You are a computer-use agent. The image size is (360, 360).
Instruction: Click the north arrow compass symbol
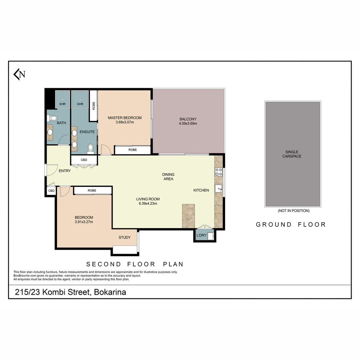19,74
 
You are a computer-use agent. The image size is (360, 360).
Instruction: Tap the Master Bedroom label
125,118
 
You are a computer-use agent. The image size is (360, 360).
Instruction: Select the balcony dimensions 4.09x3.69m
188,124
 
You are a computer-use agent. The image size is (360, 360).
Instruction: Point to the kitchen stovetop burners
219,172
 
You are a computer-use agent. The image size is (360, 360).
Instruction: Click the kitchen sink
219,189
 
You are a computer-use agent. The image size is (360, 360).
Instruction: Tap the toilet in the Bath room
52,118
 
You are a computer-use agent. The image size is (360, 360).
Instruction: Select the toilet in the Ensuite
90,149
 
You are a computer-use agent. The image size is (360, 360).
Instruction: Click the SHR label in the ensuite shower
80,104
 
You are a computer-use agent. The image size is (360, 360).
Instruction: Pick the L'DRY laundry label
201,236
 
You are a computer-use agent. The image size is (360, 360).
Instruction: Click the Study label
125,237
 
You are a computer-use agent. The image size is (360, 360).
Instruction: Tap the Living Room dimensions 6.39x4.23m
148,203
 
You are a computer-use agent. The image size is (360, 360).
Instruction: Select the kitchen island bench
188,216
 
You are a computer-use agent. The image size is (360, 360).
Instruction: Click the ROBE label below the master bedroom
132,150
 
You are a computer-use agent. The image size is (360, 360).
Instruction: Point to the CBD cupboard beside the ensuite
84,160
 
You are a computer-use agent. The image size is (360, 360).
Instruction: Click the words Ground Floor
291,225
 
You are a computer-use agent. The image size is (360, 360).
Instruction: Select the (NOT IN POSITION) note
293,211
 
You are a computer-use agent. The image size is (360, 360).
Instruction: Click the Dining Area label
168,177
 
